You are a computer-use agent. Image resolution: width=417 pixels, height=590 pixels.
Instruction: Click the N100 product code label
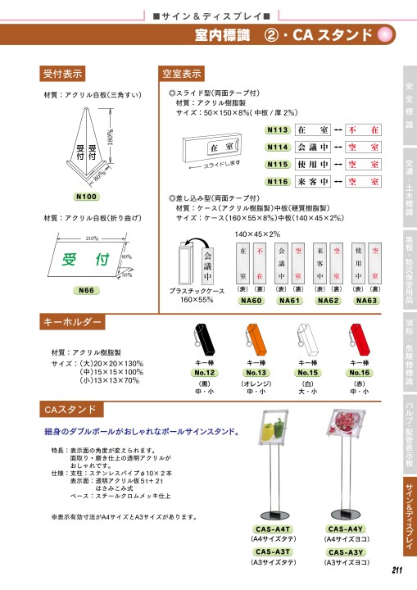coord(86,197)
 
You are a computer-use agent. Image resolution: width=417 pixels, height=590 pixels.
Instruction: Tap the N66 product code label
coord(86,291)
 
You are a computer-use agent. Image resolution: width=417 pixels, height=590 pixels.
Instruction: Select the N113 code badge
coord(278,129)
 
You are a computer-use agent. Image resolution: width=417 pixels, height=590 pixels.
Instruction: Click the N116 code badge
coord(278,181)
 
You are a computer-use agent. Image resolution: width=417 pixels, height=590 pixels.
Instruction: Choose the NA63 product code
coord(366,301)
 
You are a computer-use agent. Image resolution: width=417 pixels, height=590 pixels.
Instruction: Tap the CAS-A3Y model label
coord(346,553)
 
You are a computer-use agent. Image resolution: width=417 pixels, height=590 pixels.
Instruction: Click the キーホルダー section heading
coord(74,320)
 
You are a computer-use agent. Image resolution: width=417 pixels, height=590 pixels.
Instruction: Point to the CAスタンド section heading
coord(70,409)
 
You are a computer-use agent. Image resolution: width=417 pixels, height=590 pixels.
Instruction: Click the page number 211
coord(397,572)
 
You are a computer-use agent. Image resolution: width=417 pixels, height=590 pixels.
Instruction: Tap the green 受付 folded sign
coord(86,261)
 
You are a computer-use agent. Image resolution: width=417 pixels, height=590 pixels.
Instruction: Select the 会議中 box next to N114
coord(312,147)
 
